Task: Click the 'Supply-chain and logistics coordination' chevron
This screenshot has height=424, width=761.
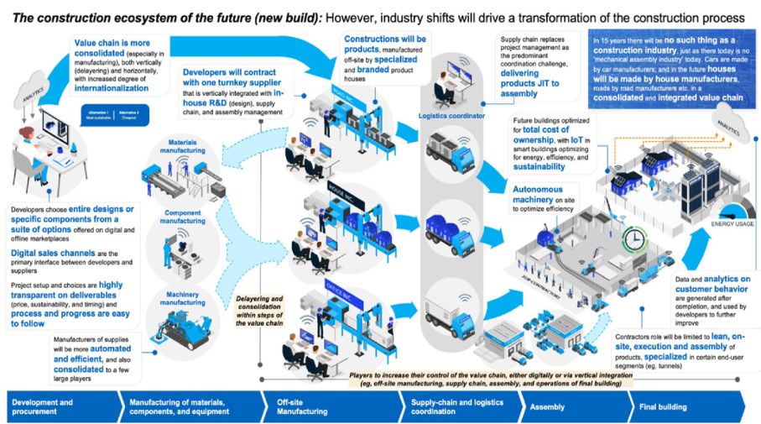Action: click(453, 407)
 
